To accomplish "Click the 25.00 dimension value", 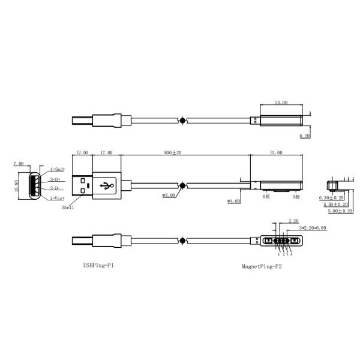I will (281, 103).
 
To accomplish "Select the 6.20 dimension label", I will (305, 136).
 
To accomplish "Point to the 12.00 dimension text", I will (82, 153).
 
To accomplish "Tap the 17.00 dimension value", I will (106, 153).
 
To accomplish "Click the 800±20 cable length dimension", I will (173, 153).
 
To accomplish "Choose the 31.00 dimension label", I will (276, 153).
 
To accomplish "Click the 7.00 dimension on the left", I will (18, 163).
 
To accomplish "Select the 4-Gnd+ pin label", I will (58, 170).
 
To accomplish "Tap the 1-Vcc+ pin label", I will (58, 197).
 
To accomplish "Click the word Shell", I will (68, 207).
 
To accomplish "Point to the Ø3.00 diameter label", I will (169, 196).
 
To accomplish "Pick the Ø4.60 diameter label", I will (234, 201).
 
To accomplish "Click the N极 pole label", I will (296, 197).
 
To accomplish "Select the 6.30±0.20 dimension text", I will (332, 197).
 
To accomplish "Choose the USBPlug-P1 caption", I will (98, 265).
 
